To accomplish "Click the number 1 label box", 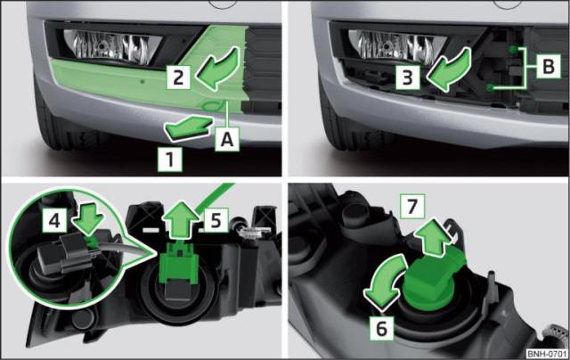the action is tap(170, 160).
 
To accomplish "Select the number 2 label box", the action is tap(178, 78).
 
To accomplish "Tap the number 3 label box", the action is tap(408, 78).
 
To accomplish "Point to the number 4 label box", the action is tap(55, 220).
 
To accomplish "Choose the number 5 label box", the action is tap(216, 219).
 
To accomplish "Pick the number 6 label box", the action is tap(382, 328).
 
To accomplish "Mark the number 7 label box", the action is tap(412, 207).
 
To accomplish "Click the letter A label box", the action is tap(227, 139).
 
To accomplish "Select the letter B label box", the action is tap(549, 66).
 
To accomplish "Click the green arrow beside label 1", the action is tap(188, 127).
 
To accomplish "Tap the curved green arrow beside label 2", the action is tap(218, 69).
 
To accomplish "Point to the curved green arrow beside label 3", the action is tap(449, 70).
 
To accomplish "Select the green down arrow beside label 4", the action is tap(88, 224).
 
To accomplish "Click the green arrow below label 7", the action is tap(434, 237).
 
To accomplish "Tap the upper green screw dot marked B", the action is tap(513, 49).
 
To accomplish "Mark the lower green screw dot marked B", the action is tap(491, 87).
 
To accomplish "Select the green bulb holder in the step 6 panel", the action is tap(433, 280).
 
